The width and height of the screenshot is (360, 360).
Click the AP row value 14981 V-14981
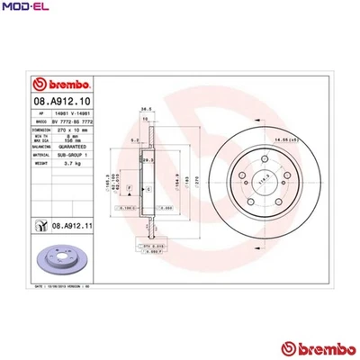point(73,112)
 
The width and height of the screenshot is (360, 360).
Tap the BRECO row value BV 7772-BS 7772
point(78,120)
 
